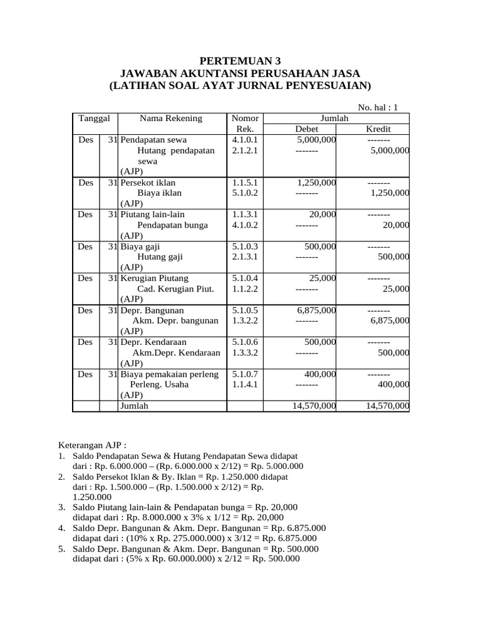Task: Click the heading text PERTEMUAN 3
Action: pos(240,61)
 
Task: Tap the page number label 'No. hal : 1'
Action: pos(378,107)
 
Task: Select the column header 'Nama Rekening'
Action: pos(162,118)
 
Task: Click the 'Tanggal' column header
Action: pos(95,118)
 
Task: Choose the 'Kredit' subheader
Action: pos(378,129)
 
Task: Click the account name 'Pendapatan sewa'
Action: pos(153,140)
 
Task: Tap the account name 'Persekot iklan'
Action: pos(148,182)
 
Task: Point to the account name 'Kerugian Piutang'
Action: pos(154,278)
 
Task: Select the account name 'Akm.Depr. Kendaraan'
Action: pos(177,353)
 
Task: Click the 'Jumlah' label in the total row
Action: pos(135,406)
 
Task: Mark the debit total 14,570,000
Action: pos(314,406)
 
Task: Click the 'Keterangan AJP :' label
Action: pos(92,445)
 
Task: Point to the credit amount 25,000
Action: pos(396,289)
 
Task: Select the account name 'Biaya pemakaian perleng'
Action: pos(169,374)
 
